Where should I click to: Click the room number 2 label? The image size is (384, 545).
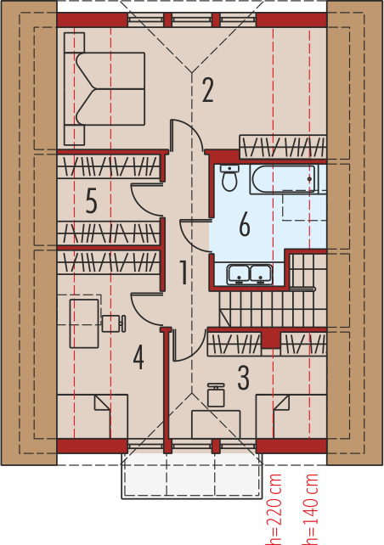[x=207, y=90]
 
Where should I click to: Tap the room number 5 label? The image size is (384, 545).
[x=91, y=201]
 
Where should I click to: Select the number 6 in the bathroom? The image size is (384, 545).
[x=245, y=225]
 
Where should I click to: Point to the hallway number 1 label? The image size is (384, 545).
[x=184, y=272]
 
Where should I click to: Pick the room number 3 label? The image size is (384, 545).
[x=244, y=378]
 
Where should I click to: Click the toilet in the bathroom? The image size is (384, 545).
[x=229, y=178]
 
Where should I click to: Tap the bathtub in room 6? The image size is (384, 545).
[x=283, y=179]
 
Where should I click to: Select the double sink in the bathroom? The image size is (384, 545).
[x=250, y=274]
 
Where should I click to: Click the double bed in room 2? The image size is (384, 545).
[x=104, y=89]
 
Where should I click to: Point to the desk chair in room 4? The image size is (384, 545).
[x=113, y=323]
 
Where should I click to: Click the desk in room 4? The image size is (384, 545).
[x=84, y=323]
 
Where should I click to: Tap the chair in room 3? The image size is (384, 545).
[x=216, y=395]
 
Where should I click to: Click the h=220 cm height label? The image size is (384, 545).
[x=273, y=508]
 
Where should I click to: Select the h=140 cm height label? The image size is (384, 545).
[x=310, y=508]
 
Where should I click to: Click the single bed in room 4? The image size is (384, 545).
[x=93, y=417]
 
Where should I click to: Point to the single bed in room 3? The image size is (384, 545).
[x=291, y=417]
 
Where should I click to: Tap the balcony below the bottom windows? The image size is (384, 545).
[x=192, y=476]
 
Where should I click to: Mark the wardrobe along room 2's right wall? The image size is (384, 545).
[x=283, y=147]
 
